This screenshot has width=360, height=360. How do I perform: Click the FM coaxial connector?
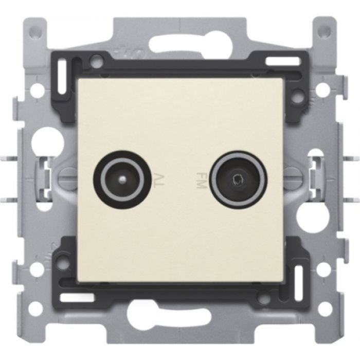[x=238, y=179]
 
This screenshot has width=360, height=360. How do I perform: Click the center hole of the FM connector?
[x=238, y=179]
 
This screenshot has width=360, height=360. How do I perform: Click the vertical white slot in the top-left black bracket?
[x=62, y=78]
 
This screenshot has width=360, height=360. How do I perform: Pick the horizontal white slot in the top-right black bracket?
[x=283, y=61]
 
